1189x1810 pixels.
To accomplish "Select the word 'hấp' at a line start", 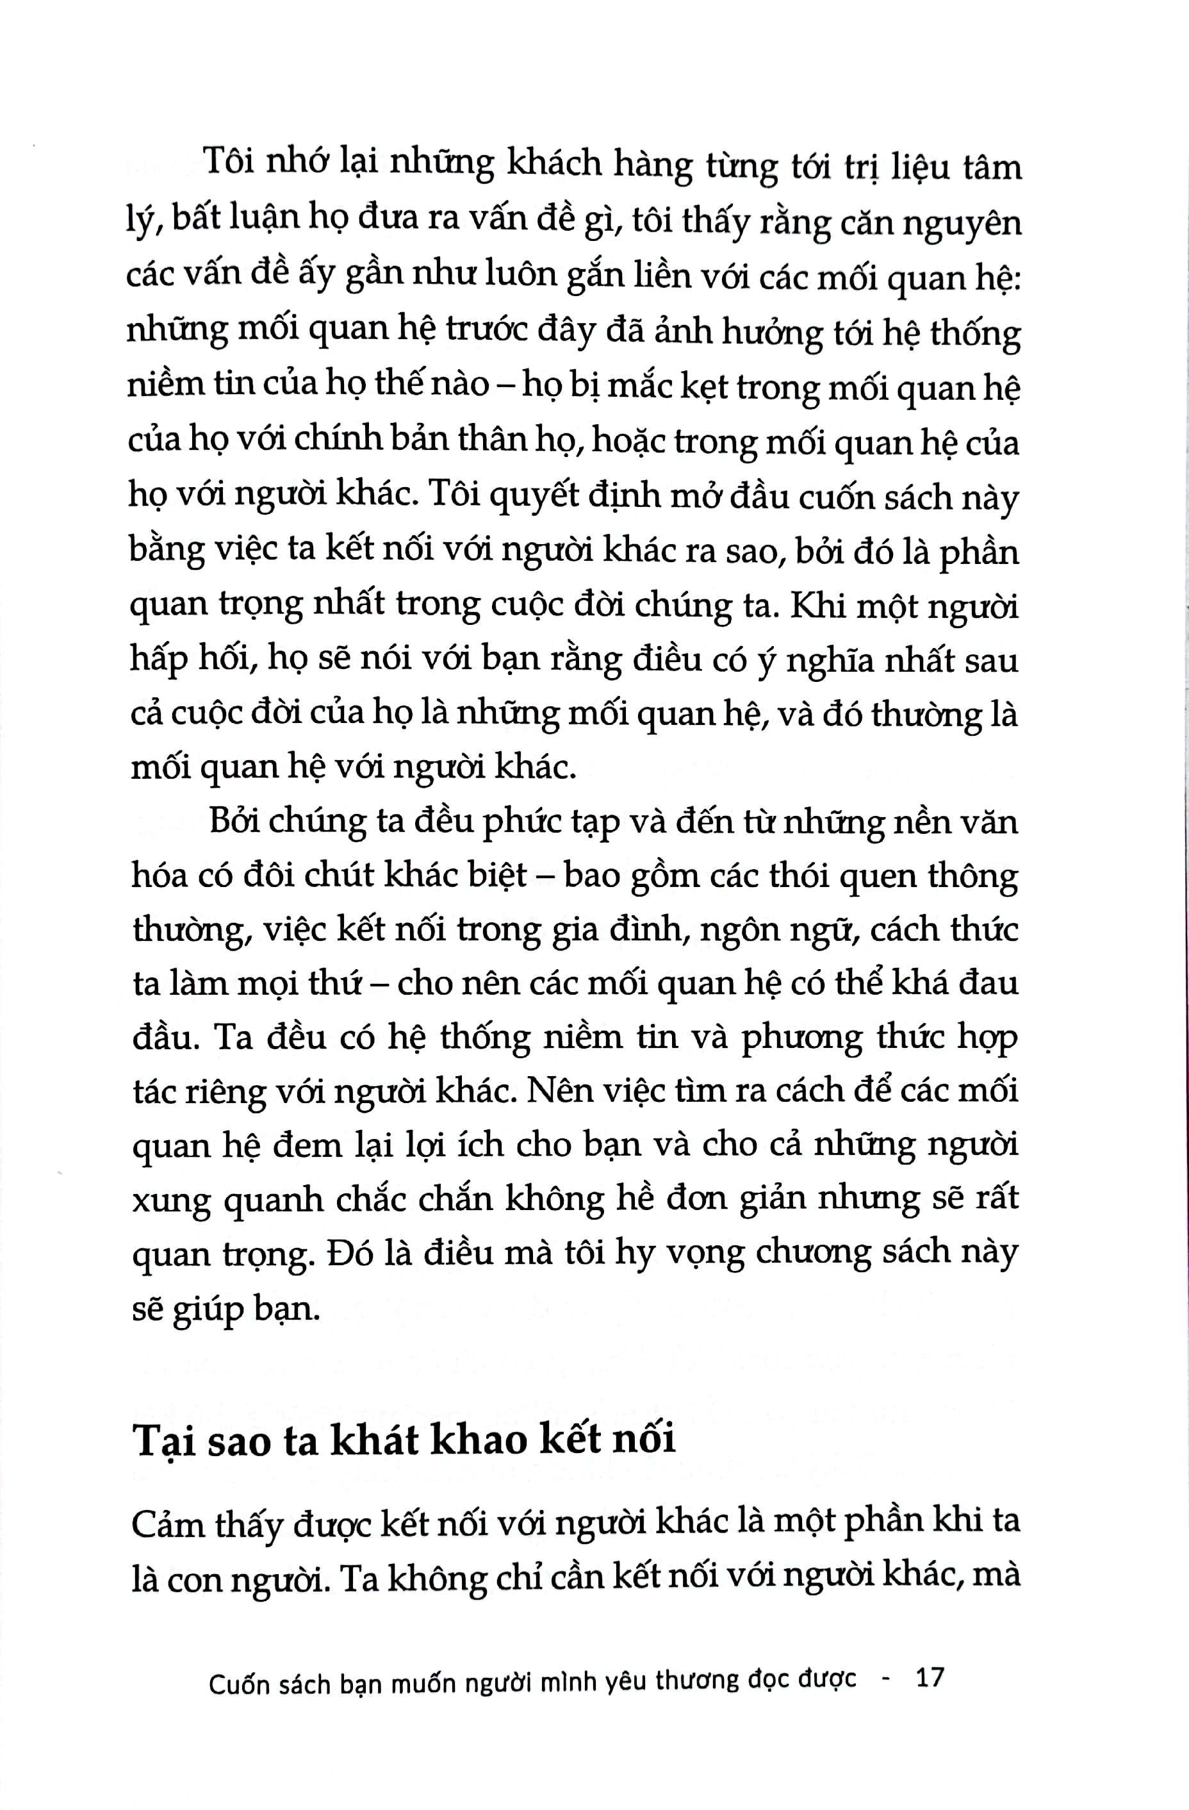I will pyautogui.click(x=158, y=660).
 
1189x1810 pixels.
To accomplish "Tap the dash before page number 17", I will pyautogui.click(x=885, y=1678).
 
